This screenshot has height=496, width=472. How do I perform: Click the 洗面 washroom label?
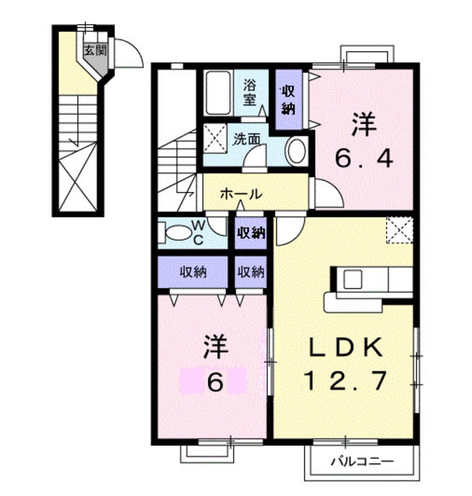[247, 138]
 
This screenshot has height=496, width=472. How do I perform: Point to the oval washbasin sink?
[296, 151]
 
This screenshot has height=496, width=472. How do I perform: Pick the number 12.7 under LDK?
[345, 381]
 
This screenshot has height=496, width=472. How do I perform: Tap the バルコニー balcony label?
[362, 461]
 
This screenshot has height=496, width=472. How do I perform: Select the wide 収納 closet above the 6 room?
[193, 272]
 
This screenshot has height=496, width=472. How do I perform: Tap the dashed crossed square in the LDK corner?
[400, 229]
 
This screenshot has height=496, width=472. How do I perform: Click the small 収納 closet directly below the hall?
[250, 232]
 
